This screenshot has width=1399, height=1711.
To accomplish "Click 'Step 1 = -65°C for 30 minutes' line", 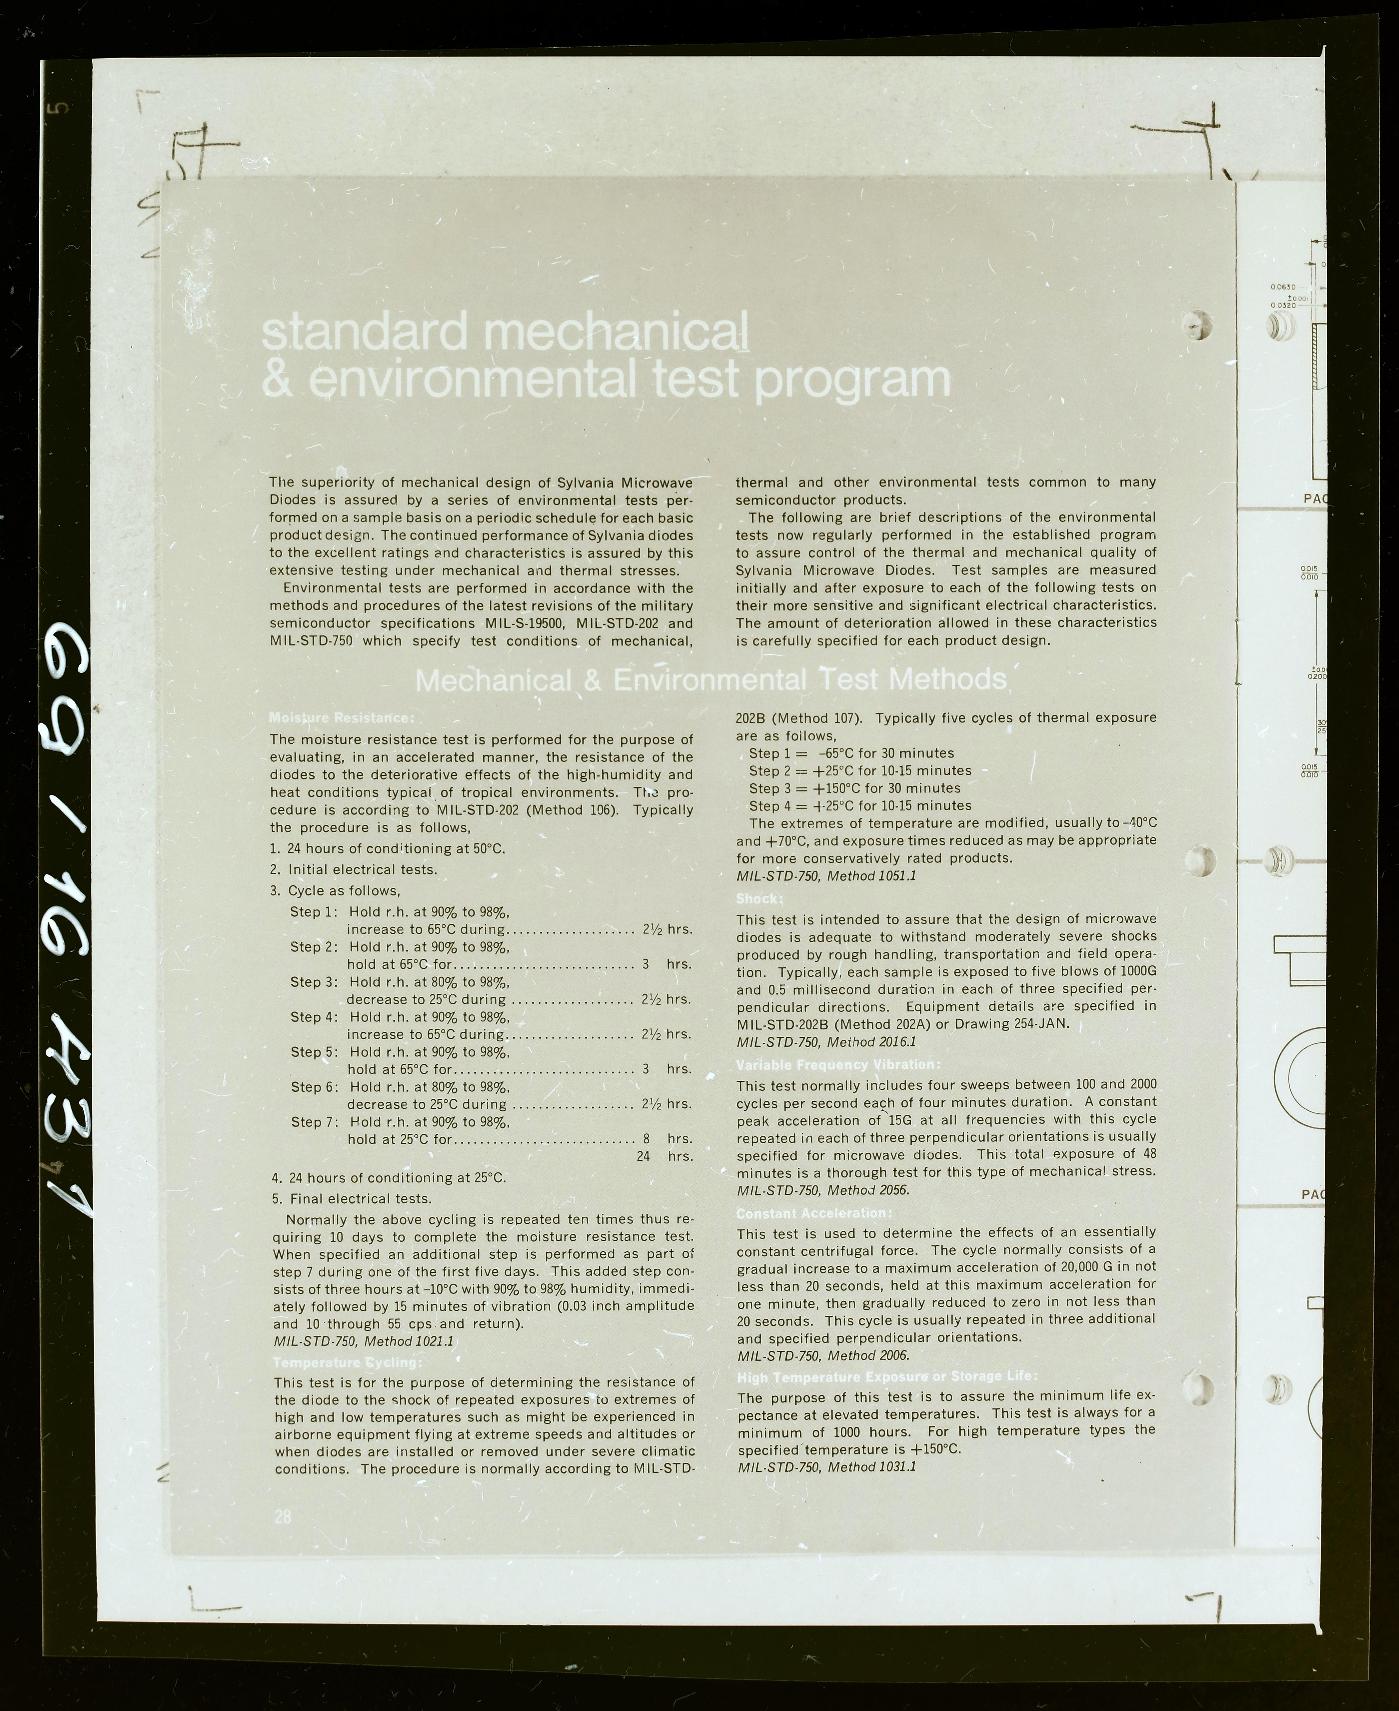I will [x=851, y=753].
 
